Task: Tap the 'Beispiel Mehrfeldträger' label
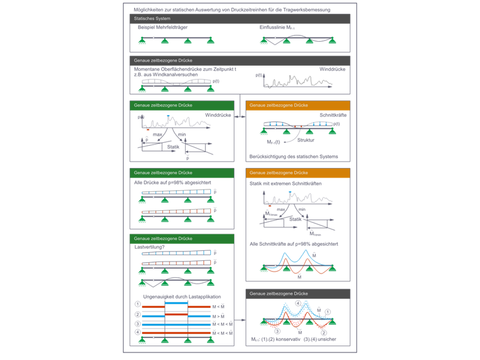tap(162, 28)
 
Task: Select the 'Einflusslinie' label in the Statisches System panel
tap(272, 28)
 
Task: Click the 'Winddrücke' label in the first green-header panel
tap(218, 115)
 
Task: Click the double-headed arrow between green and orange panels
tap(239, 116)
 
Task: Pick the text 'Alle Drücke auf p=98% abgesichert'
tap(167, 183)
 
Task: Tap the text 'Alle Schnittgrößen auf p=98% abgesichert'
tap(294, 243)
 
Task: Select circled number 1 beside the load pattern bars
tap(137, 304)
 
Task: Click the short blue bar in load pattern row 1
tap(176, 303)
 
